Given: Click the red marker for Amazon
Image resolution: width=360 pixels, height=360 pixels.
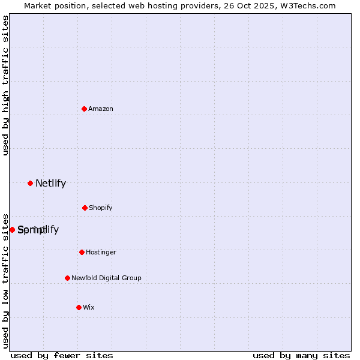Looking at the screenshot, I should pyautogui.click(x=85, y=109).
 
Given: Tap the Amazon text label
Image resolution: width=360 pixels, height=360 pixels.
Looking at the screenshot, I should pyautogui.click(x=101, y=109).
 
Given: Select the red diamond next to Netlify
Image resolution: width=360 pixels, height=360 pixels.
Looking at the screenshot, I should pyautogui.click(x=30, y=183).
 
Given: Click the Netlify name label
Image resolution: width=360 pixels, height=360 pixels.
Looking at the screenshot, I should pyautogui.click(x=50, y=184).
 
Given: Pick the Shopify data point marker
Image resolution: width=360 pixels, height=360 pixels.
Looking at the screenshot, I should pyautogui.click(x=85, y=208).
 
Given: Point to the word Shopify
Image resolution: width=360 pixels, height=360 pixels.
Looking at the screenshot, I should pyautogui.click(x=101, y=208).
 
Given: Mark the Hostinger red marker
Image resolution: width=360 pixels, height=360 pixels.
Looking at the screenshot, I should pyautogui.click(x=82, y=252).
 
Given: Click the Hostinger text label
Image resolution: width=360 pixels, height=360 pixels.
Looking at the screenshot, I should pyautogui.click(x=101, y=253).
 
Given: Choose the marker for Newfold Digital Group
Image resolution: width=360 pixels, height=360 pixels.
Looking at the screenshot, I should pyautogui.click(x=67, y=278).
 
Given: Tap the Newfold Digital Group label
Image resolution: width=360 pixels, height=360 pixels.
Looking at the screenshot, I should pyautogui.click(x=106, y=278).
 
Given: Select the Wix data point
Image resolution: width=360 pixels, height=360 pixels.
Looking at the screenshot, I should pyautogui.click(x=79, y=307).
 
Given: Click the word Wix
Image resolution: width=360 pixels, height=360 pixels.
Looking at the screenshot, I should pyautogui.click(x=89, y=308).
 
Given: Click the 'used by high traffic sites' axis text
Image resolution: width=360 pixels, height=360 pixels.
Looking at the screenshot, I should pyautogui.click(x=5, y=85).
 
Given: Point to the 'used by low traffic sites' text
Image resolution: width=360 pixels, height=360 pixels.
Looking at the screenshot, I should pyautogui.click(x=5, y=280).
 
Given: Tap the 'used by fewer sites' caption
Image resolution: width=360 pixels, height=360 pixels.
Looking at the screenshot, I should pyautogui.click(x=62, y=356).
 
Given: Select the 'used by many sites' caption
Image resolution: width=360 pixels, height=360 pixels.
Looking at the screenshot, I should pyautogui.click(x=301, y=356).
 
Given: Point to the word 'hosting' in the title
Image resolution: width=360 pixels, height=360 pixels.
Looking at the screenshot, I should pyautogui.click(x=158, y=6).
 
